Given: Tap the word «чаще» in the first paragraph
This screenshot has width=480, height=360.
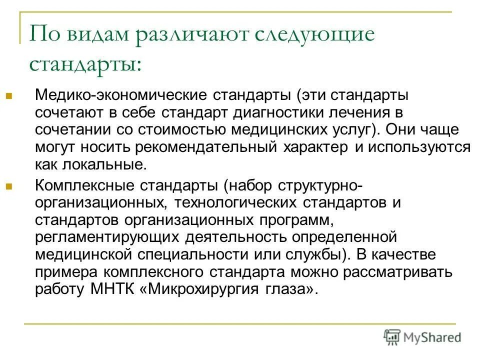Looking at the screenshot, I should (x=448, y=129).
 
